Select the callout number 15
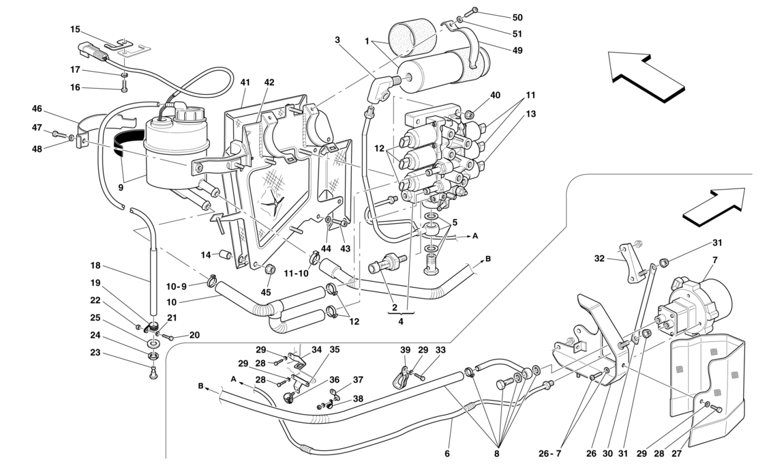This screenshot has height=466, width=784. click(75, 29)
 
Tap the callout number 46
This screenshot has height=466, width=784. click(37, 108)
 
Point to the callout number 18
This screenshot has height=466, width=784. click(95, 265)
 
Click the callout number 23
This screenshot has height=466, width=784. click(95, 353)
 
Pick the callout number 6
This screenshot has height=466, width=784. click(447, 453)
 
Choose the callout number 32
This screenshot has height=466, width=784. click(599, 259)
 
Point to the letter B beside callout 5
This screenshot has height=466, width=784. click(488, 259)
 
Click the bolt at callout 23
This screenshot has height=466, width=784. click(152, 373)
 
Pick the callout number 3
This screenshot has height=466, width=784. click(337, 40)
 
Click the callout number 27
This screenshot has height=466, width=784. click(676, 453)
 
